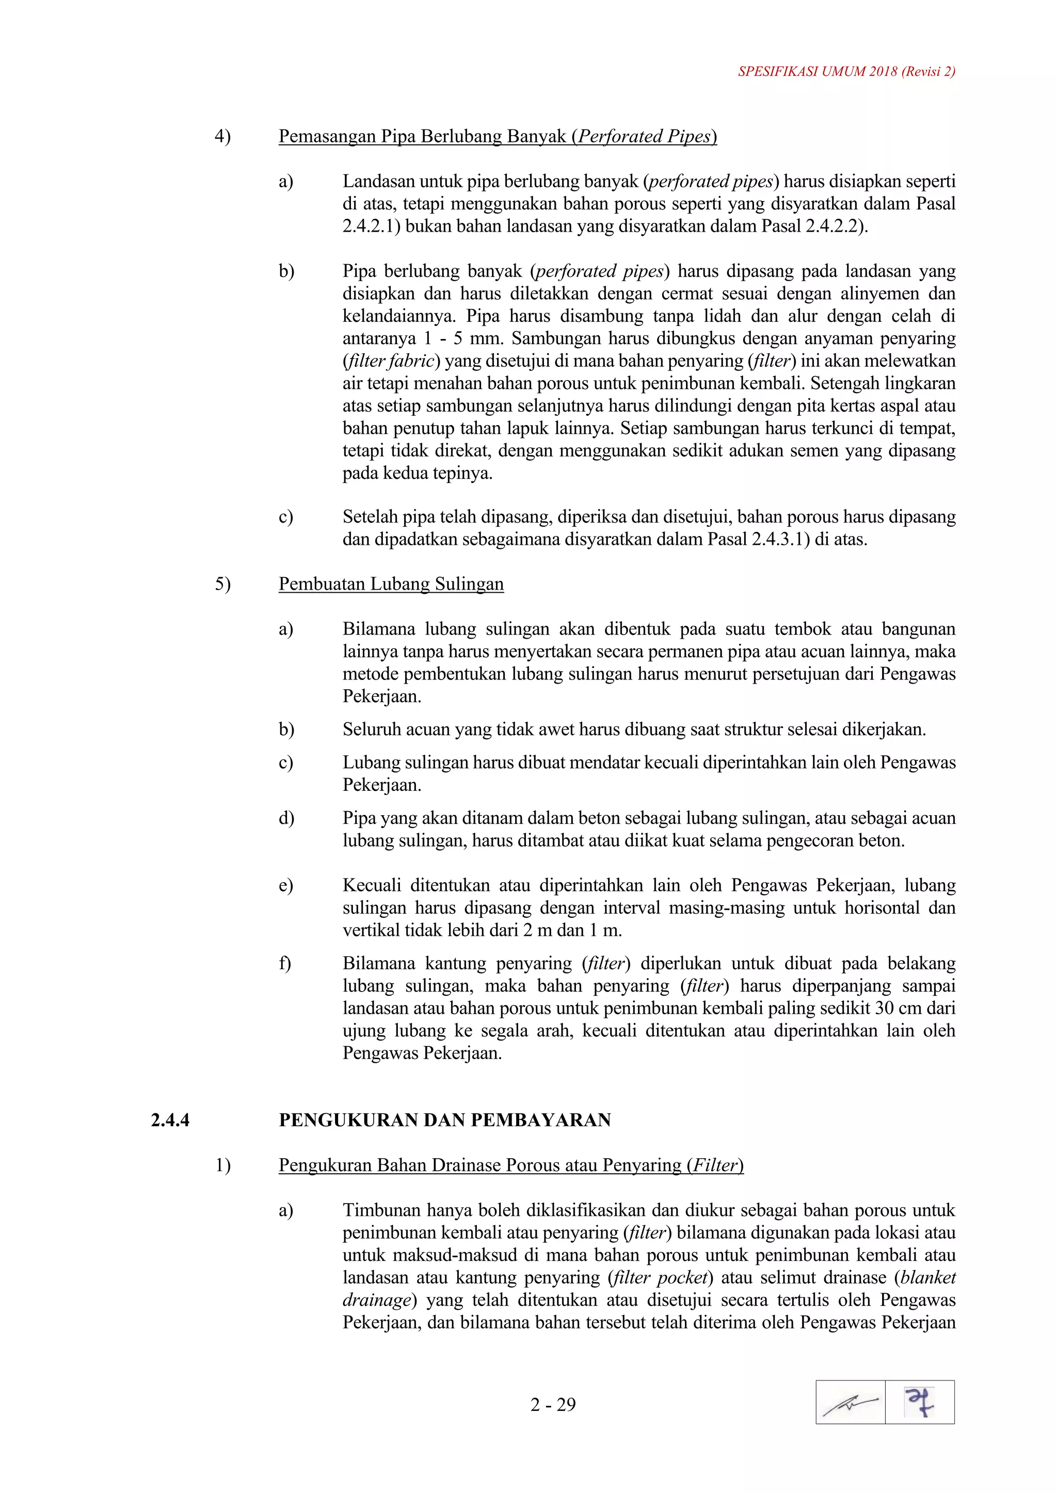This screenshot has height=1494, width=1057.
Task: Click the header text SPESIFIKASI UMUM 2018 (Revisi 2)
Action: [x=846, y=72]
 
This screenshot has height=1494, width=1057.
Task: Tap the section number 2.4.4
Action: [x=170, y=1120]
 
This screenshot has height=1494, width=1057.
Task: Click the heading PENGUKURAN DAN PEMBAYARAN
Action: [x=444, y=1120]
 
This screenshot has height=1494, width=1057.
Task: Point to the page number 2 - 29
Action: [x=553, y=1405]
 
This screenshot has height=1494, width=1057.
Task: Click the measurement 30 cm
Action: [x=892, y=1008]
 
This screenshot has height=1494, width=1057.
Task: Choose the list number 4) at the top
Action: [x=222, y=137]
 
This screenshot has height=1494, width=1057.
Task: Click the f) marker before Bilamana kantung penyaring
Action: [x=285, y=963]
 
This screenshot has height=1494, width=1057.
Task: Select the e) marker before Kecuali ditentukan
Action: [x=286, y=886]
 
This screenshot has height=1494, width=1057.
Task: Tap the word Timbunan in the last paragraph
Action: [x=381, y=1210]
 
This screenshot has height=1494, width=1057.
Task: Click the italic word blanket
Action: [x=928, y=1277]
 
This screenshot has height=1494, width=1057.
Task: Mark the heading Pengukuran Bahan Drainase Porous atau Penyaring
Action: [x=511, y=1165]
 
